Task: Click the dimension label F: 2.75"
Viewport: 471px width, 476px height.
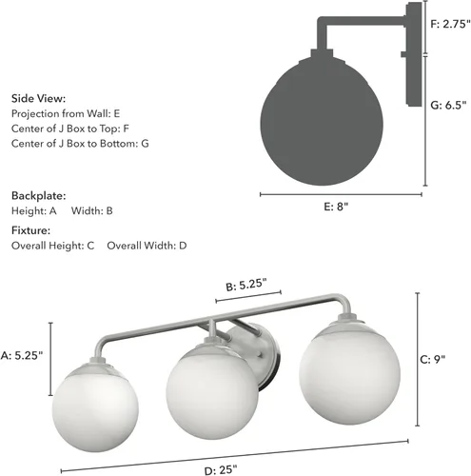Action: coord(450,24)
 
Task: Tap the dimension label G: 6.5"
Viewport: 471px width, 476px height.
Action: coord(448,105)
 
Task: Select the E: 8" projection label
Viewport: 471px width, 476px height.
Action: coord(336,207)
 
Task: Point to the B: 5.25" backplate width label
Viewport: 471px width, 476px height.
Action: coord(246,285)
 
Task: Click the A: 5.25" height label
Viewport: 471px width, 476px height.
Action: coord(22,355)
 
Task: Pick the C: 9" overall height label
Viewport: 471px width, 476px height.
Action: coord(433,360)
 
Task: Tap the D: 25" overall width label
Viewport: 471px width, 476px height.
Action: coord(221,470)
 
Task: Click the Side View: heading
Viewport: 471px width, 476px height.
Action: coord(38,98)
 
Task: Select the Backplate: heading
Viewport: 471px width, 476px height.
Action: coord(39,195)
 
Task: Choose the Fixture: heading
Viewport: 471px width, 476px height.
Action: coord(30,230)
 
